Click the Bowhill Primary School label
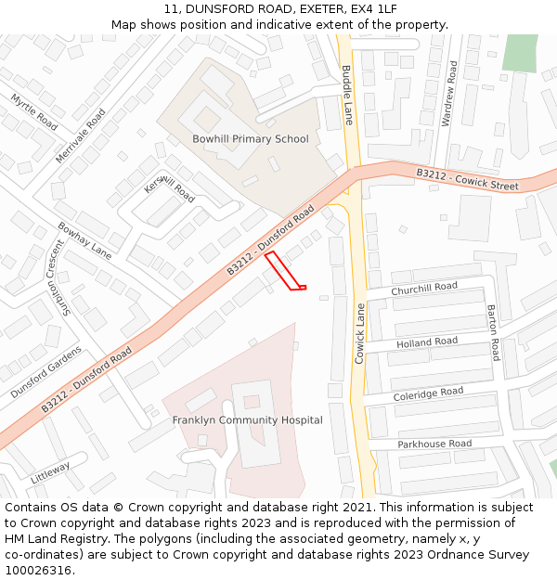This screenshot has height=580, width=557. click(x=250, y=139)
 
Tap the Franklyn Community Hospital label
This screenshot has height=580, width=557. click(x=247, y=420)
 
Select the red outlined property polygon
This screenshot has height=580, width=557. click(x=284, y=272)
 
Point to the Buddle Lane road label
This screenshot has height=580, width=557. click(x=347, y=95)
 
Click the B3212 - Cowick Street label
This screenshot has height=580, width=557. click(x=466, y=179)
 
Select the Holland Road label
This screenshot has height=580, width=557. click(x=427, y=342)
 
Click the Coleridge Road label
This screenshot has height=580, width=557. click(x=428, y=393)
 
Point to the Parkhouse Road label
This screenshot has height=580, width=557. click(x=434, y=445)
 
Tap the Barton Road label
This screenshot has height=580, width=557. click(x=493, y=333)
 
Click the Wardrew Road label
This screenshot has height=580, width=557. click(x=449, y=94)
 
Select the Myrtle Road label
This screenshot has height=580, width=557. click(x=34, y=112)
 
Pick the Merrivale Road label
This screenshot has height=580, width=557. click(x=81, y=135)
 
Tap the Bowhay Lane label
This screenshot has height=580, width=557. click(x=84, y=240)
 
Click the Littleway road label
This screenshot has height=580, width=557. click(x=50, y=472)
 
